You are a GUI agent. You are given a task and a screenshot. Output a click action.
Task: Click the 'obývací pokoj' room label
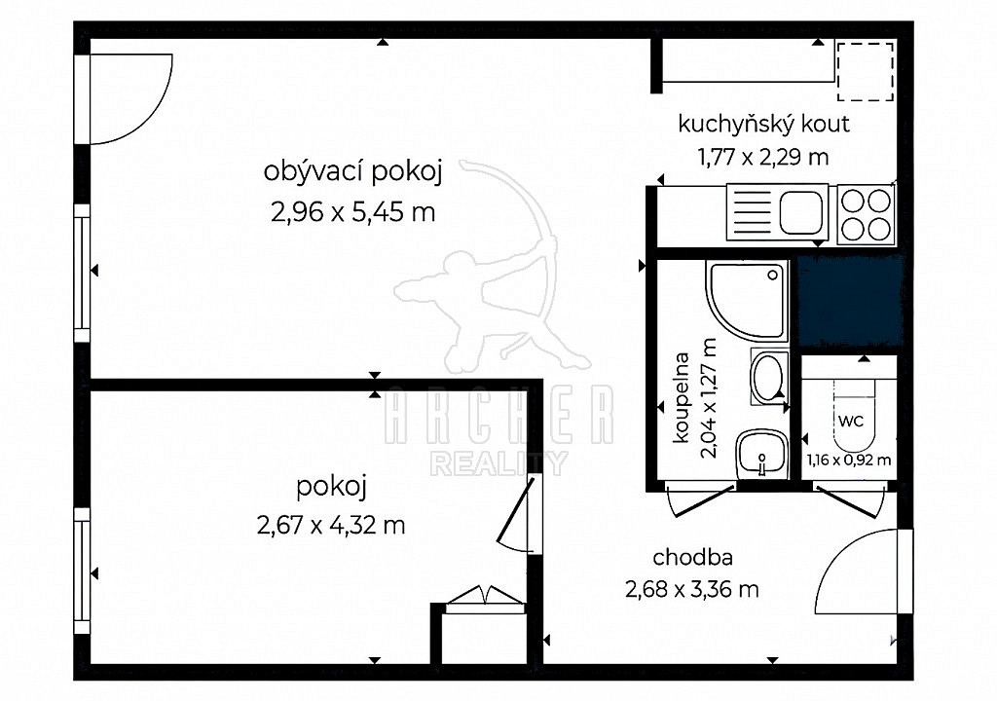click(x=352, y=172)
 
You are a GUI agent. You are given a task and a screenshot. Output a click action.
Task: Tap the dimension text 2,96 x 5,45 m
click(x=352, y=212)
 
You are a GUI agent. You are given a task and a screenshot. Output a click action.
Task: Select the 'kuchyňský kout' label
click(x=763, y=124)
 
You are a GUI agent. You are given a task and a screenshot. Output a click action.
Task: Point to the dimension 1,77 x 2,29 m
click(x=763, y=157)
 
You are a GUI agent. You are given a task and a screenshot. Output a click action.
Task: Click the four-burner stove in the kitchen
click(x=866, y=214)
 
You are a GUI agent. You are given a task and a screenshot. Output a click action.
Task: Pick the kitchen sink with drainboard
click(x=777, y=212)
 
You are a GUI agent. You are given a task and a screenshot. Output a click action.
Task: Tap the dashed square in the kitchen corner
click(x=865, y=71)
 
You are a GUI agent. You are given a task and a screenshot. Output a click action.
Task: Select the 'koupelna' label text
click(x=681, y=397)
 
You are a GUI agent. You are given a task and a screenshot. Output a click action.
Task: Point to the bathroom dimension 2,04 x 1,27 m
click(x=708, y=397)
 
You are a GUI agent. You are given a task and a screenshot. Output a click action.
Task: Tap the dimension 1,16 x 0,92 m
click(x=849, y=460)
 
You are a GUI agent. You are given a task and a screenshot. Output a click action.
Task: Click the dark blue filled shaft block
click(x=851, y=302)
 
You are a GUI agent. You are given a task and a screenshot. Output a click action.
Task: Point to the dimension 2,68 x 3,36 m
click(x=692, y=590)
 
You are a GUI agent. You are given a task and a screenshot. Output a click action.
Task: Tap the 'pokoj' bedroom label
click(x=332, y=487)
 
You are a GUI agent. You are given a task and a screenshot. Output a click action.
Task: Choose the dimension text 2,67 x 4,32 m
click(x=331, y=526)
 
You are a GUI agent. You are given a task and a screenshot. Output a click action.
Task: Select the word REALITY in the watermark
click(x=498, y=463)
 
